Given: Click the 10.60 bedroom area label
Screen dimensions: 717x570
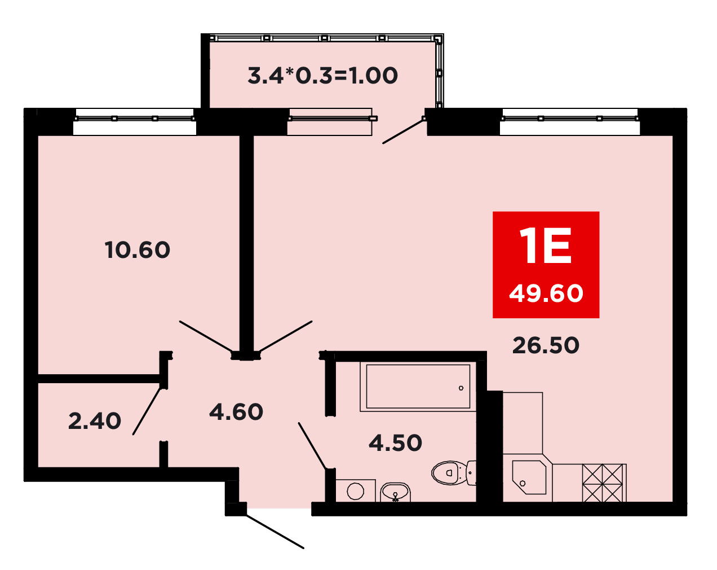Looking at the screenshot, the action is [138, 250].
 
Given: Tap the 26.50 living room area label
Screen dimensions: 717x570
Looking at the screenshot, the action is [546, 345].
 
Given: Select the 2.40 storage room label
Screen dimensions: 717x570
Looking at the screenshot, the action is [95, 421].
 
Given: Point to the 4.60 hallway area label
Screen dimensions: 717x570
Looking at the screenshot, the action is [236, 411].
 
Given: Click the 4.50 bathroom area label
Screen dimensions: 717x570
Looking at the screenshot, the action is [396, 443].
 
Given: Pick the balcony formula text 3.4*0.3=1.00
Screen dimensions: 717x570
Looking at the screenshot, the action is [322, 76].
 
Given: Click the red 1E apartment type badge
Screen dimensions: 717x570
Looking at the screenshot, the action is [546, 265].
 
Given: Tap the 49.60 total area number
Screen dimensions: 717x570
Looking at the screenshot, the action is [546, 293].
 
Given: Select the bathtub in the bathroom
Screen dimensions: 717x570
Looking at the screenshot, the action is [418, 387].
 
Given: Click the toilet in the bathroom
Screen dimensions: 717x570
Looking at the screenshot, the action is [454, 473].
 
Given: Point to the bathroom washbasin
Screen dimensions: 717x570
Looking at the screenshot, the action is [396, 492].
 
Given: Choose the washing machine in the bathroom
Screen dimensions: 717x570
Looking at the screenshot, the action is [356, 490].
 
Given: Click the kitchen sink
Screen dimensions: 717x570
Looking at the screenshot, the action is [529, 477].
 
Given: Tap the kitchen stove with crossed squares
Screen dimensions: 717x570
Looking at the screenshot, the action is [603, 483].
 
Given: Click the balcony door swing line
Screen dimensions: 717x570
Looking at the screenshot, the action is [403, 131].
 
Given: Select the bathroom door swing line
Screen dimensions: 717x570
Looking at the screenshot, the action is [312, 446].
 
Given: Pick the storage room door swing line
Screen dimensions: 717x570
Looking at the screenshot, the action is [147, 411].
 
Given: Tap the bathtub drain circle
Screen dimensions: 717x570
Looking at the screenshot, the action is [461, 388].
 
